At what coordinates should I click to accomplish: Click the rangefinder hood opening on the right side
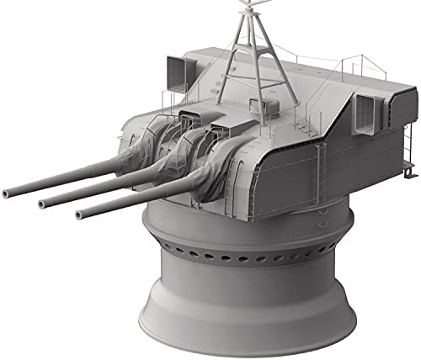[367, 107]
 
